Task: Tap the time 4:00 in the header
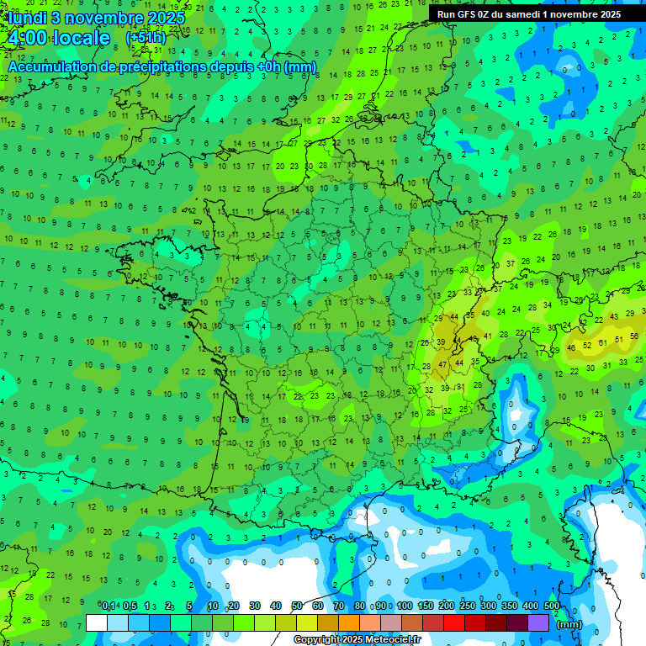click(x=25, y=38)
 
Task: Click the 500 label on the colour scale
click(x=552, y=606)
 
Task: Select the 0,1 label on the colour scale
click(x=109, y=606)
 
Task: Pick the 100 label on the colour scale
click(x=405, y=606)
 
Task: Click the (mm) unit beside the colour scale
click(x=569, y=624)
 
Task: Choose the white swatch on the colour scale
click(x=97, y=622)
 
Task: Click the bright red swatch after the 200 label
click(x=454, y=622)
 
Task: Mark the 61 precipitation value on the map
click(x=605, y=343)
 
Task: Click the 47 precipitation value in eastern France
click(x=443, y=365)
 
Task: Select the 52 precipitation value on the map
click(x=588, y=343)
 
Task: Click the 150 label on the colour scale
click(x=426, y=606)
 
